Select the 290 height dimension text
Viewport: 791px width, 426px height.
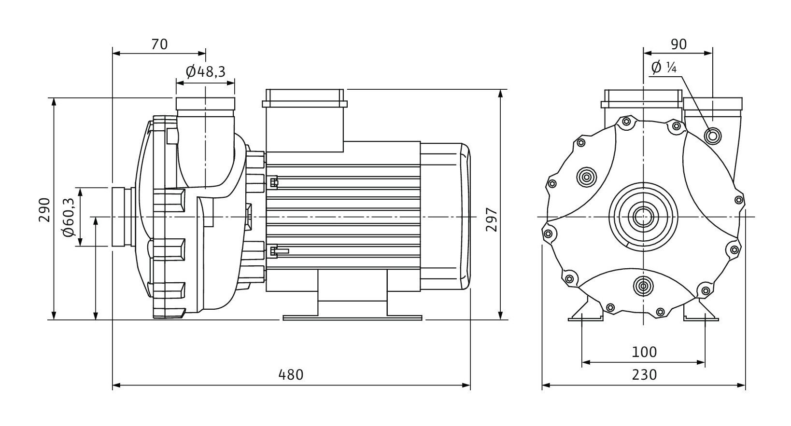pyautogui.click(x=44, y=209)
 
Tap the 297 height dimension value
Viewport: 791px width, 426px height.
pyautogui.click(x=492, y=220)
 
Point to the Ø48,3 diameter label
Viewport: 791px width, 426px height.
pyautogui.click(x=205, y=72)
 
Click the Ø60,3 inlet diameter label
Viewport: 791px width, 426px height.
pyautogui.click(x=68, y=217)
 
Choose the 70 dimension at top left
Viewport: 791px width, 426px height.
pyautogui.click(x=159, y=44)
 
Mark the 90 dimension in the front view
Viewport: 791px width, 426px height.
pyautogui.click(x=678, y=44)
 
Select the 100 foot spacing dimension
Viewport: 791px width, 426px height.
pyautogui.click(x=644, y=352)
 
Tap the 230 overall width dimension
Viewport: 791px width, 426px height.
pyautogui.click(x=644, y=374)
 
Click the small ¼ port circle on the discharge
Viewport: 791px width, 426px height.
pyautogui.click(x=712, y=136)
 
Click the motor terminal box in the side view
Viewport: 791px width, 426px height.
pyautogui.click(x=304, y=116)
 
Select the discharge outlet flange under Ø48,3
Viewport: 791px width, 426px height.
pyautogui.click(x=205, y=104)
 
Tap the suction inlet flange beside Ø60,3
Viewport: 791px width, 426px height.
pyautogui.click(x=122, y=217)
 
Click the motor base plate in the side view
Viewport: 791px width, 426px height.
pyautogui.click(x=352, y=317)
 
